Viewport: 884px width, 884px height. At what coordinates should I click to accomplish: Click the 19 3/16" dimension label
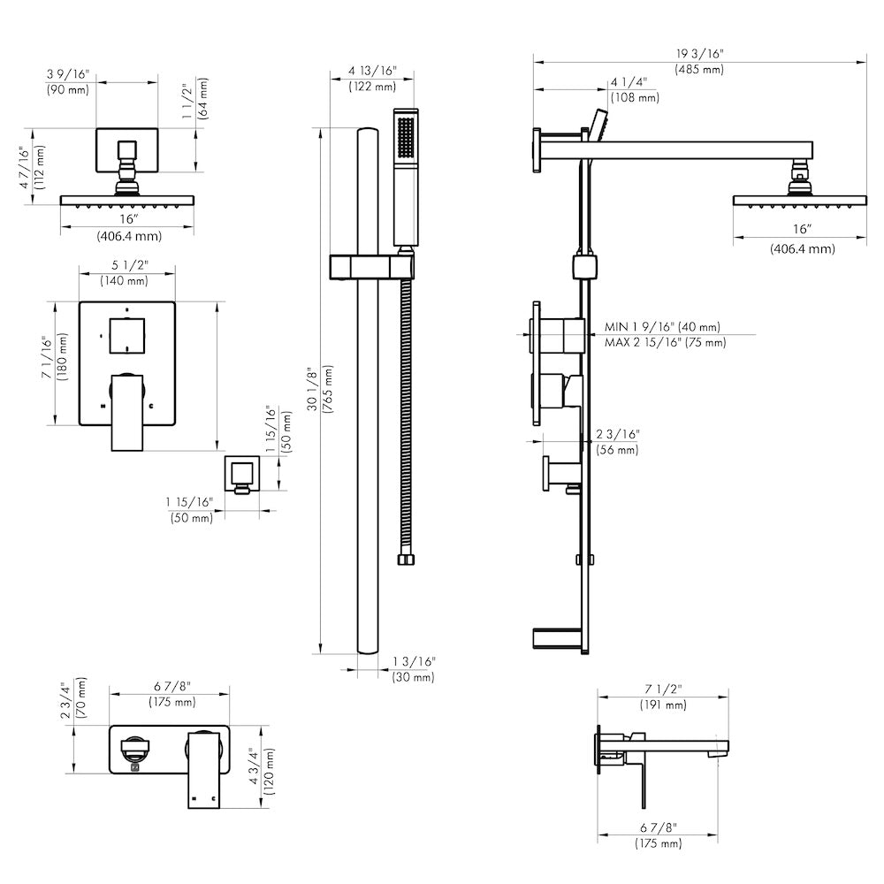(x=698, y=53)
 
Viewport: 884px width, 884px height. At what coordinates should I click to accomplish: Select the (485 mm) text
(x=698, y=69)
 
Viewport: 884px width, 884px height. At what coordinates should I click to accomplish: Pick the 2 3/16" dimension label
(x=616, y=434)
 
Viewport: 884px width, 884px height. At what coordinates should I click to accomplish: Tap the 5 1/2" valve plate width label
(x=125, y=265)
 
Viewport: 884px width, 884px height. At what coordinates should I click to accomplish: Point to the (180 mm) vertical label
(x=63, y=357)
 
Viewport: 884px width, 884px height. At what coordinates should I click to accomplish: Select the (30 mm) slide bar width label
(x=413, y=677)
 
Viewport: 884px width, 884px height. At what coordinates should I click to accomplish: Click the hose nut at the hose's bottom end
(x=407, y=559)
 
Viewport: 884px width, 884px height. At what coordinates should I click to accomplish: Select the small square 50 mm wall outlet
(x=240, y=474)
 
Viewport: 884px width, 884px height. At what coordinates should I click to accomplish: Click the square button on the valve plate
(x=127, y=334)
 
